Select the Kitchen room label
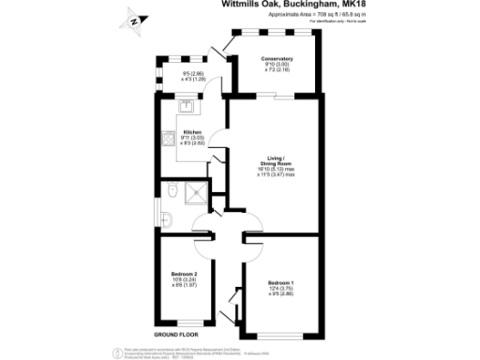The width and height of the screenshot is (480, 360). coord(192,132)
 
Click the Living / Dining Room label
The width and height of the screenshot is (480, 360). coord(277,162)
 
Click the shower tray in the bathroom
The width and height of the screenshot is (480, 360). coord(198,193)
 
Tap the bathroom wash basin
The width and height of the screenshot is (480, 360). coord(166,217)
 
